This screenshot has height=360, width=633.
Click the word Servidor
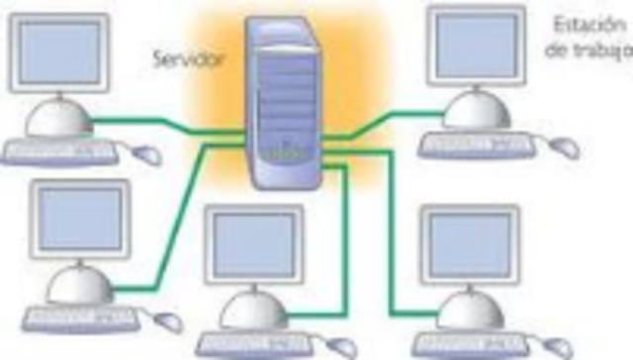(188, 57)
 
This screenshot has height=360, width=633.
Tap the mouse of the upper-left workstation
(147, 154)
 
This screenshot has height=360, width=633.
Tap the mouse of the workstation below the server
(340, 346)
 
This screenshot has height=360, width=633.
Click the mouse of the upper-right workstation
(565, 147)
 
